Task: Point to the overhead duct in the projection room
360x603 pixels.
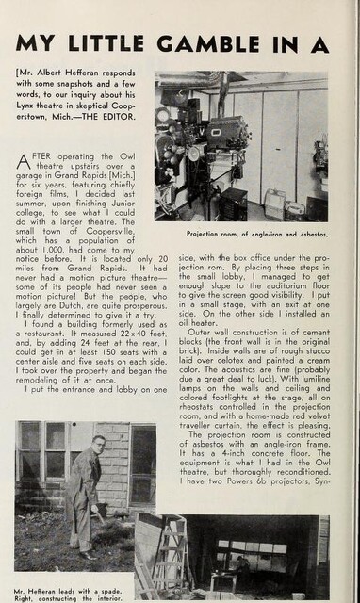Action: pos(236,83)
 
